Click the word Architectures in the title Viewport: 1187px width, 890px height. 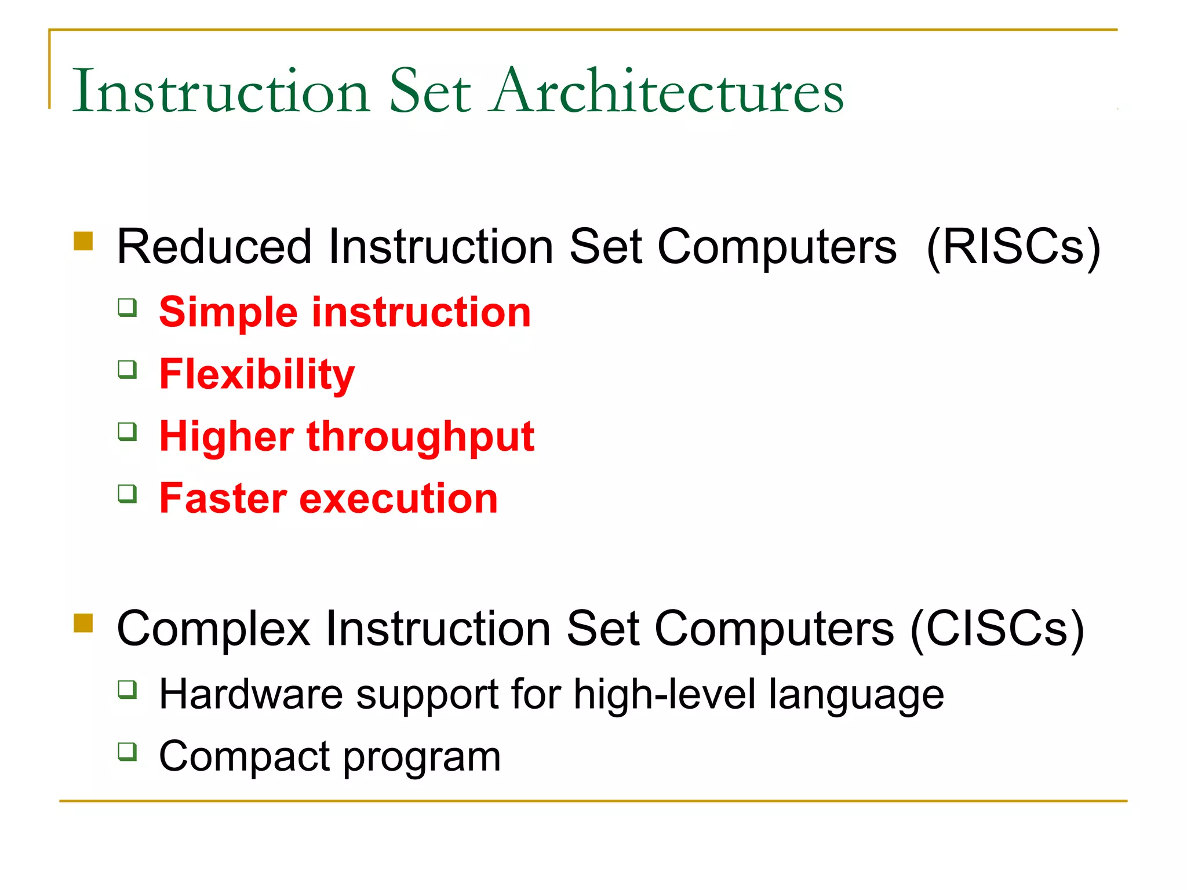(667, 92)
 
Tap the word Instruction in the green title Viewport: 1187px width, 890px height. (221, 92)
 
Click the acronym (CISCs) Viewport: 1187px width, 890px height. (997, 629)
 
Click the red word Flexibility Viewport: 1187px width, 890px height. (257, 375)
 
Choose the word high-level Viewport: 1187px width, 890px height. (664, 694)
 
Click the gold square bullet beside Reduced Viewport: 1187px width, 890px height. (83, 241)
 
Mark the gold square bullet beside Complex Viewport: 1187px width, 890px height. (83, 623)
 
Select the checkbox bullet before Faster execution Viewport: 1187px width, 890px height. (128, 494)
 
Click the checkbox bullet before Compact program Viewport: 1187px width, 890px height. (128, 752)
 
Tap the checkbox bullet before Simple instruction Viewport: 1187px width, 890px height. (128, 307)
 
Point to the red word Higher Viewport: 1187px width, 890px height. (226, 437)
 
